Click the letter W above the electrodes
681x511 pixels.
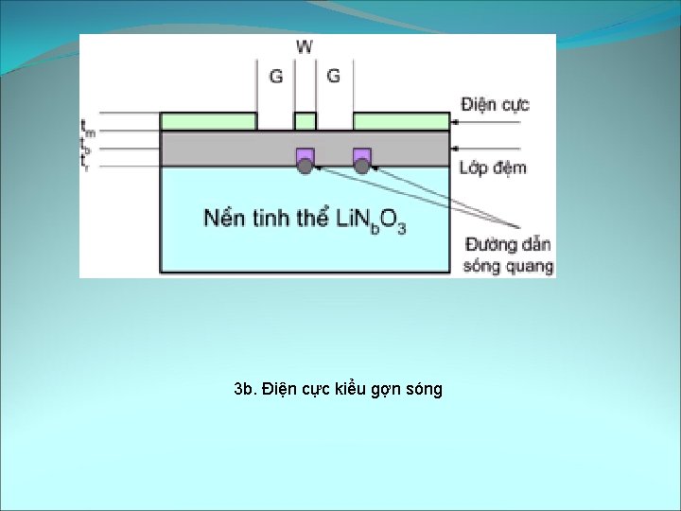tap(305, 46)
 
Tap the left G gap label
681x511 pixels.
tap(276, 76)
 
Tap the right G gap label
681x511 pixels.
tap(333, 76)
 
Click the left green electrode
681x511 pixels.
tap(208, 121)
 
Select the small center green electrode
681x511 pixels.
tap(305, 121)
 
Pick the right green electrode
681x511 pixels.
tap(401, 121)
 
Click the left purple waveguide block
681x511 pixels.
tap(305, 154)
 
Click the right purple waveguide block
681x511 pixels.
tap(361, 154)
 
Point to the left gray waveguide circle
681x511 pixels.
tap(305, 167)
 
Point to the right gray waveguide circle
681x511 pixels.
tap(361, 167)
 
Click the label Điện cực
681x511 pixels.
tap(495, 104)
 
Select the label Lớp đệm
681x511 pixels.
tap(493, 168)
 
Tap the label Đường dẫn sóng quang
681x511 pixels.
tap(508, 255)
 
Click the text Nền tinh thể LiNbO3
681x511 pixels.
tap(305, 220)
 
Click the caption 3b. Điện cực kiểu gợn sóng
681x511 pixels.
tap(338, 389)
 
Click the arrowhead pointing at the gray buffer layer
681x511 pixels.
tap(455, 149)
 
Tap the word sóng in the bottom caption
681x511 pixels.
tap(424, 389)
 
